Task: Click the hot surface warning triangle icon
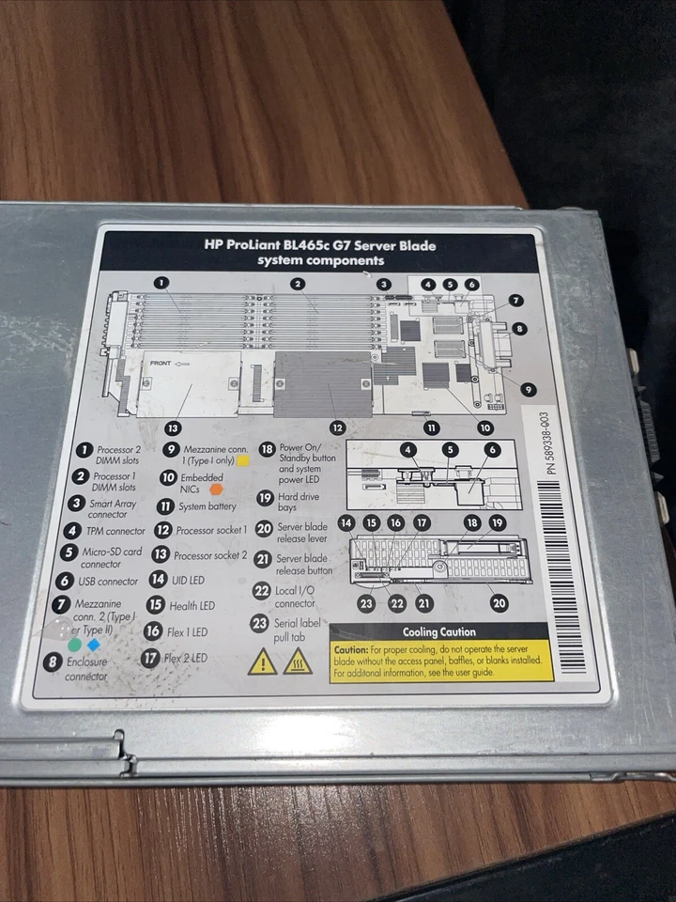(x=298, y=661)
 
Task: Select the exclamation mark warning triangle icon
(x=262, y=661)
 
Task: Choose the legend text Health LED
(x=192, y=606)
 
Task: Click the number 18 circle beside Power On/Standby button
(x=266, y=450)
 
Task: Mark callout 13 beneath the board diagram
(x=172, y=427)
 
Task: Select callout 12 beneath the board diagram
(x=337, y=428)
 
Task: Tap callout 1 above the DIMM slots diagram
(x=161, y=282)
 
